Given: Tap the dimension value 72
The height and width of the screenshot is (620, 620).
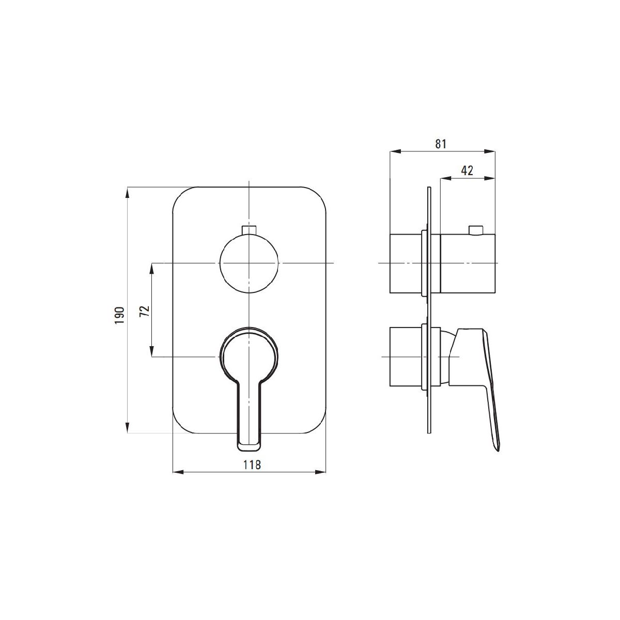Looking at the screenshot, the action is (145, 311).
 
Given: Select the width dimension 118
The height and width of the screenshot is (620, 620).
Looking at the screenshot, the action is (252, 464).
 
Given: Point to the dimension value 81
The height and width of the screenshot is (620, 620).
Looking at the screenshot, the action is (441, 144).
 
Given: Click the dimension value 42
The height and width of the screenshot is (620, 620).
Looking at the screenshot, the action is (467, 171).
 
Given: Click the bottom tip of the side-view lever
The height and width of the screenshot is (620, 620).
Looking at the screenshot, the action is (498, 451).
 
